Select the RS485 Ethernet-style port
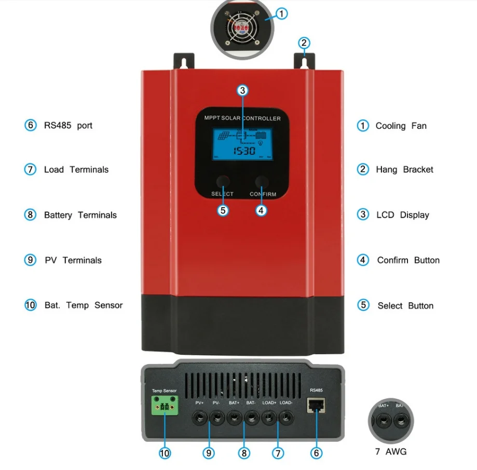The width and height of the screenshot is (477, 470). (x=316, y=405)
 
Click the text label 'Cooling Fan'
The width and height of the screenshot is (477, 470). (x=401, y=126)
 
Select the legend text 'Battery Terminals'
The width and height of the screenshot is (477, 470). (x=80, y=215)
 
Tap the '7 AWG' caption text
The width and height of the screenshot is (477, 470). (x=390, y=451)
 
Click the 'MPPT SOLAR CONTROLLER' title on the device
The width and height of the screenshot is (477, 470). (x=242, y=118)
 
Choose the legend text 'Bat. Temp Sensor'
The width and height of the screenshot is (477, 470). (x=83, y=305)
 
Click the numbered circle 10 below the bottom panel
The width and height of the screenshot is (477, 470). (x=165, y=453)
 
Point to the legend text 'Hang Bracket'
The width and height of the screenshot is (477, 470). (x=404, y=169)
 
